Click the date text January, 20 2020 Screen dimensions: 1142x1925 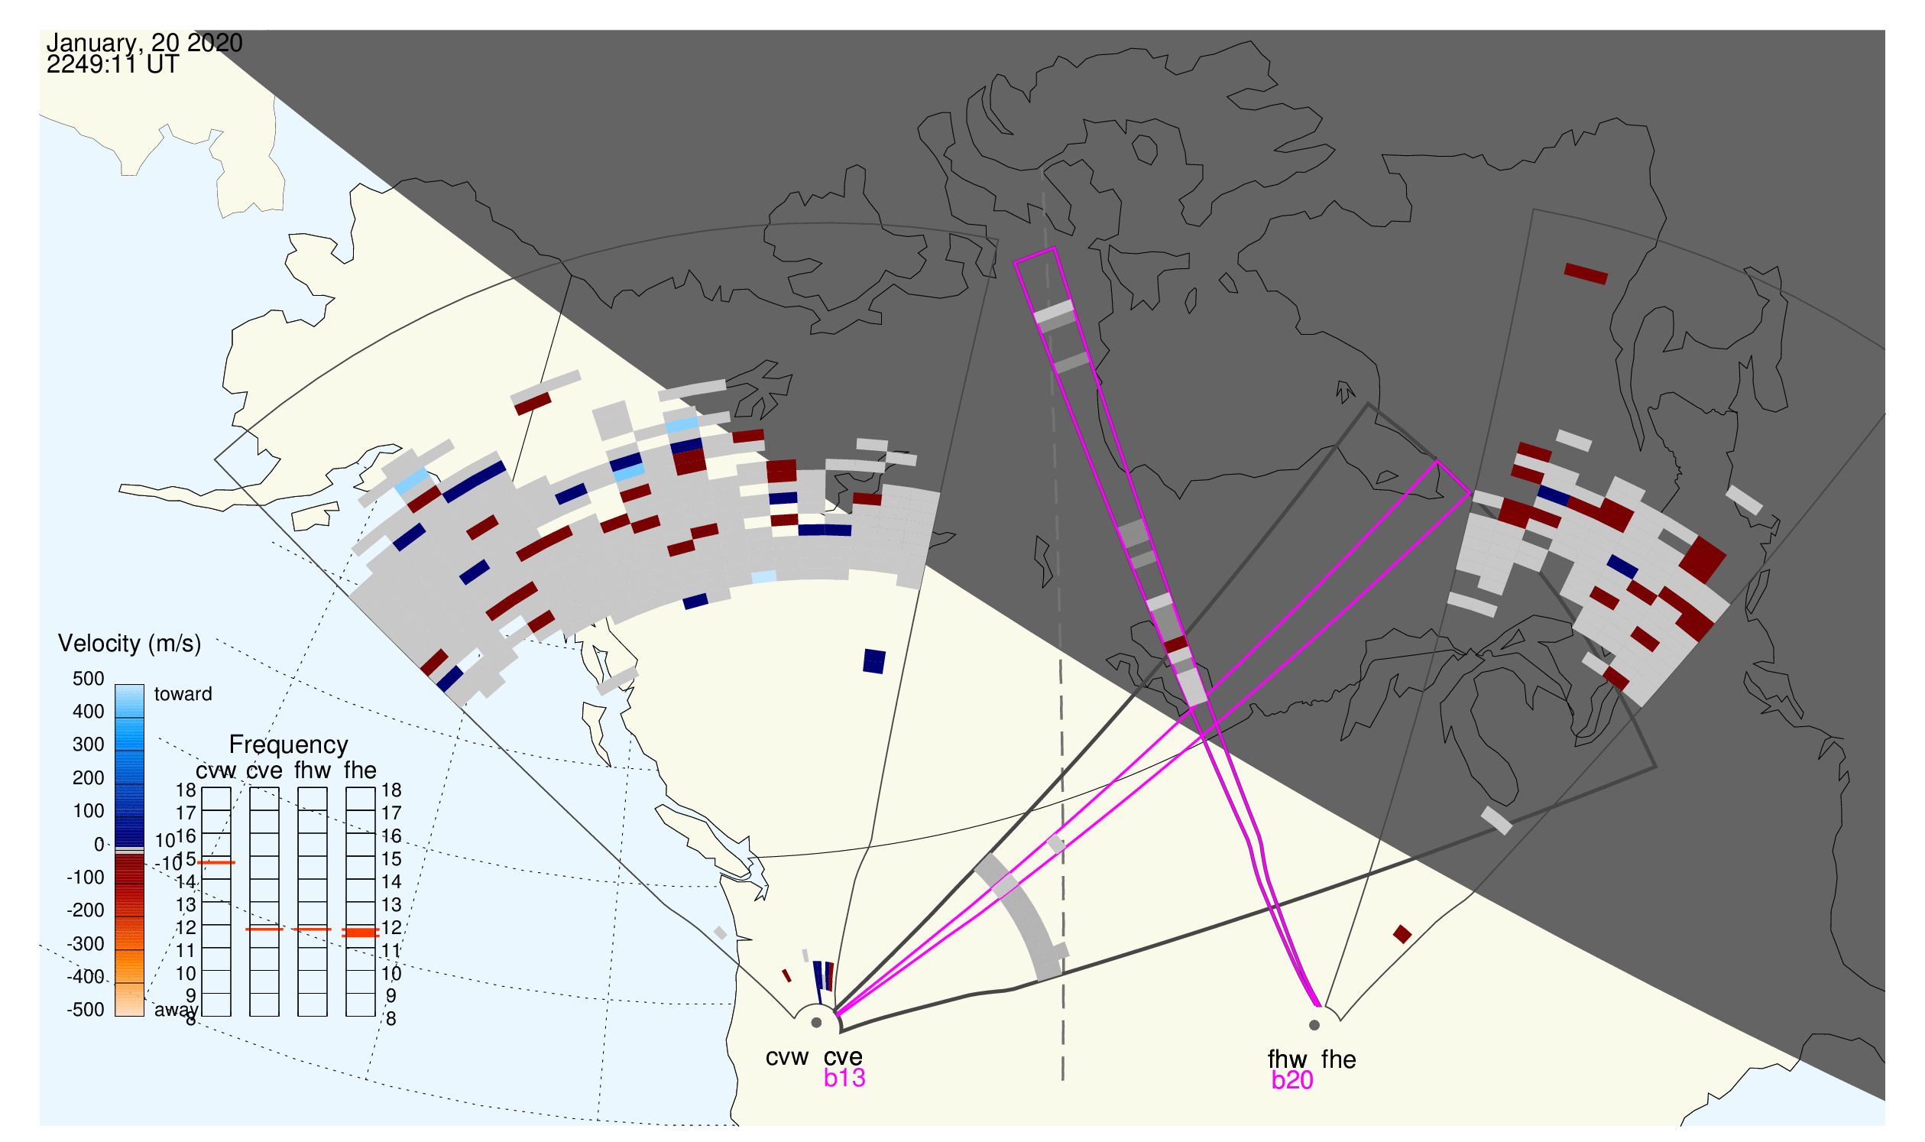144,42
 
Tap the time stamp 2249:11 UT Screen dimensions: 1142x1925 112,65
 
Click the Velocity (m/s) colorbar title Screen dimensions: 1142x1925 129,644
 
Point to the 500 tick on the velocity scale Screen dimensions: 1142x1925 89,679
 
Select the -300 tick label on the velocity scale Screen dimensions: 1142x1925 86,943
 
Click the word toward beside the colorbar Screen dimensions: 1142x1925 183,694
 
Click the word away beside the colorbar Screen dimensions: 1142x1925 176,1010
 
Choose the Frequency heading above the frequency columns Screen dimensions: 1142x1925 289,745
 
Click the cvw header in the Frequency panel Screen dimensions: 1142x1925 216,771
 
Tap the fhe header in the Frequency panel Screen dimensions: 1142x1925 360,771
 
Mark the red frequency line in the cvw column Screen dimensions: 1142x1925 216,863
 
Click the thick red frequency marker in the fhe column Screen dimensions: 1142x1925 360,932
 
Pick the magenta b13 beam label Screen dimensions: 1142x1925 844,1078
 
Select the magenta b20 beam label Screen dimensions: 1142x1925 1291,1080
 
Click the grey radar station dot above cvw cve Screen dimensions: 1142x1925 816,1023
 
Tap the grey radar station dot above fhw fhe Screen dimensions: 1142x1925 1314,1025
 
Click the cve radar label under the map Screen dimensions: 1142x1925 842,1057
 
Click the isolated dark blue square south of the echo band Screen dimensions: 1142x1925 874,661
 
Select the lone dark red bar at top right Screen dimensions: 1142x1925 1586,273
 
